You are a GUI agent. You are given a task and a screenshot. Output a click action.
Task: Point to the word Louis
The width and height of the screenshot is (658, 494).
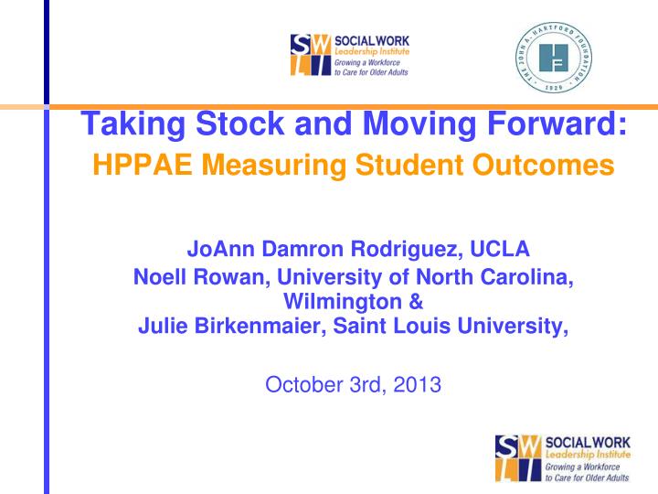(x=448, y=327)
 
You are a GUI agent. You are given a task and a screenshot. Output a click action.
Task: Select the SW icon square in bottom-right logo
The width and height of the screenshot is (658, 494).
(x=518, y=458)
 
